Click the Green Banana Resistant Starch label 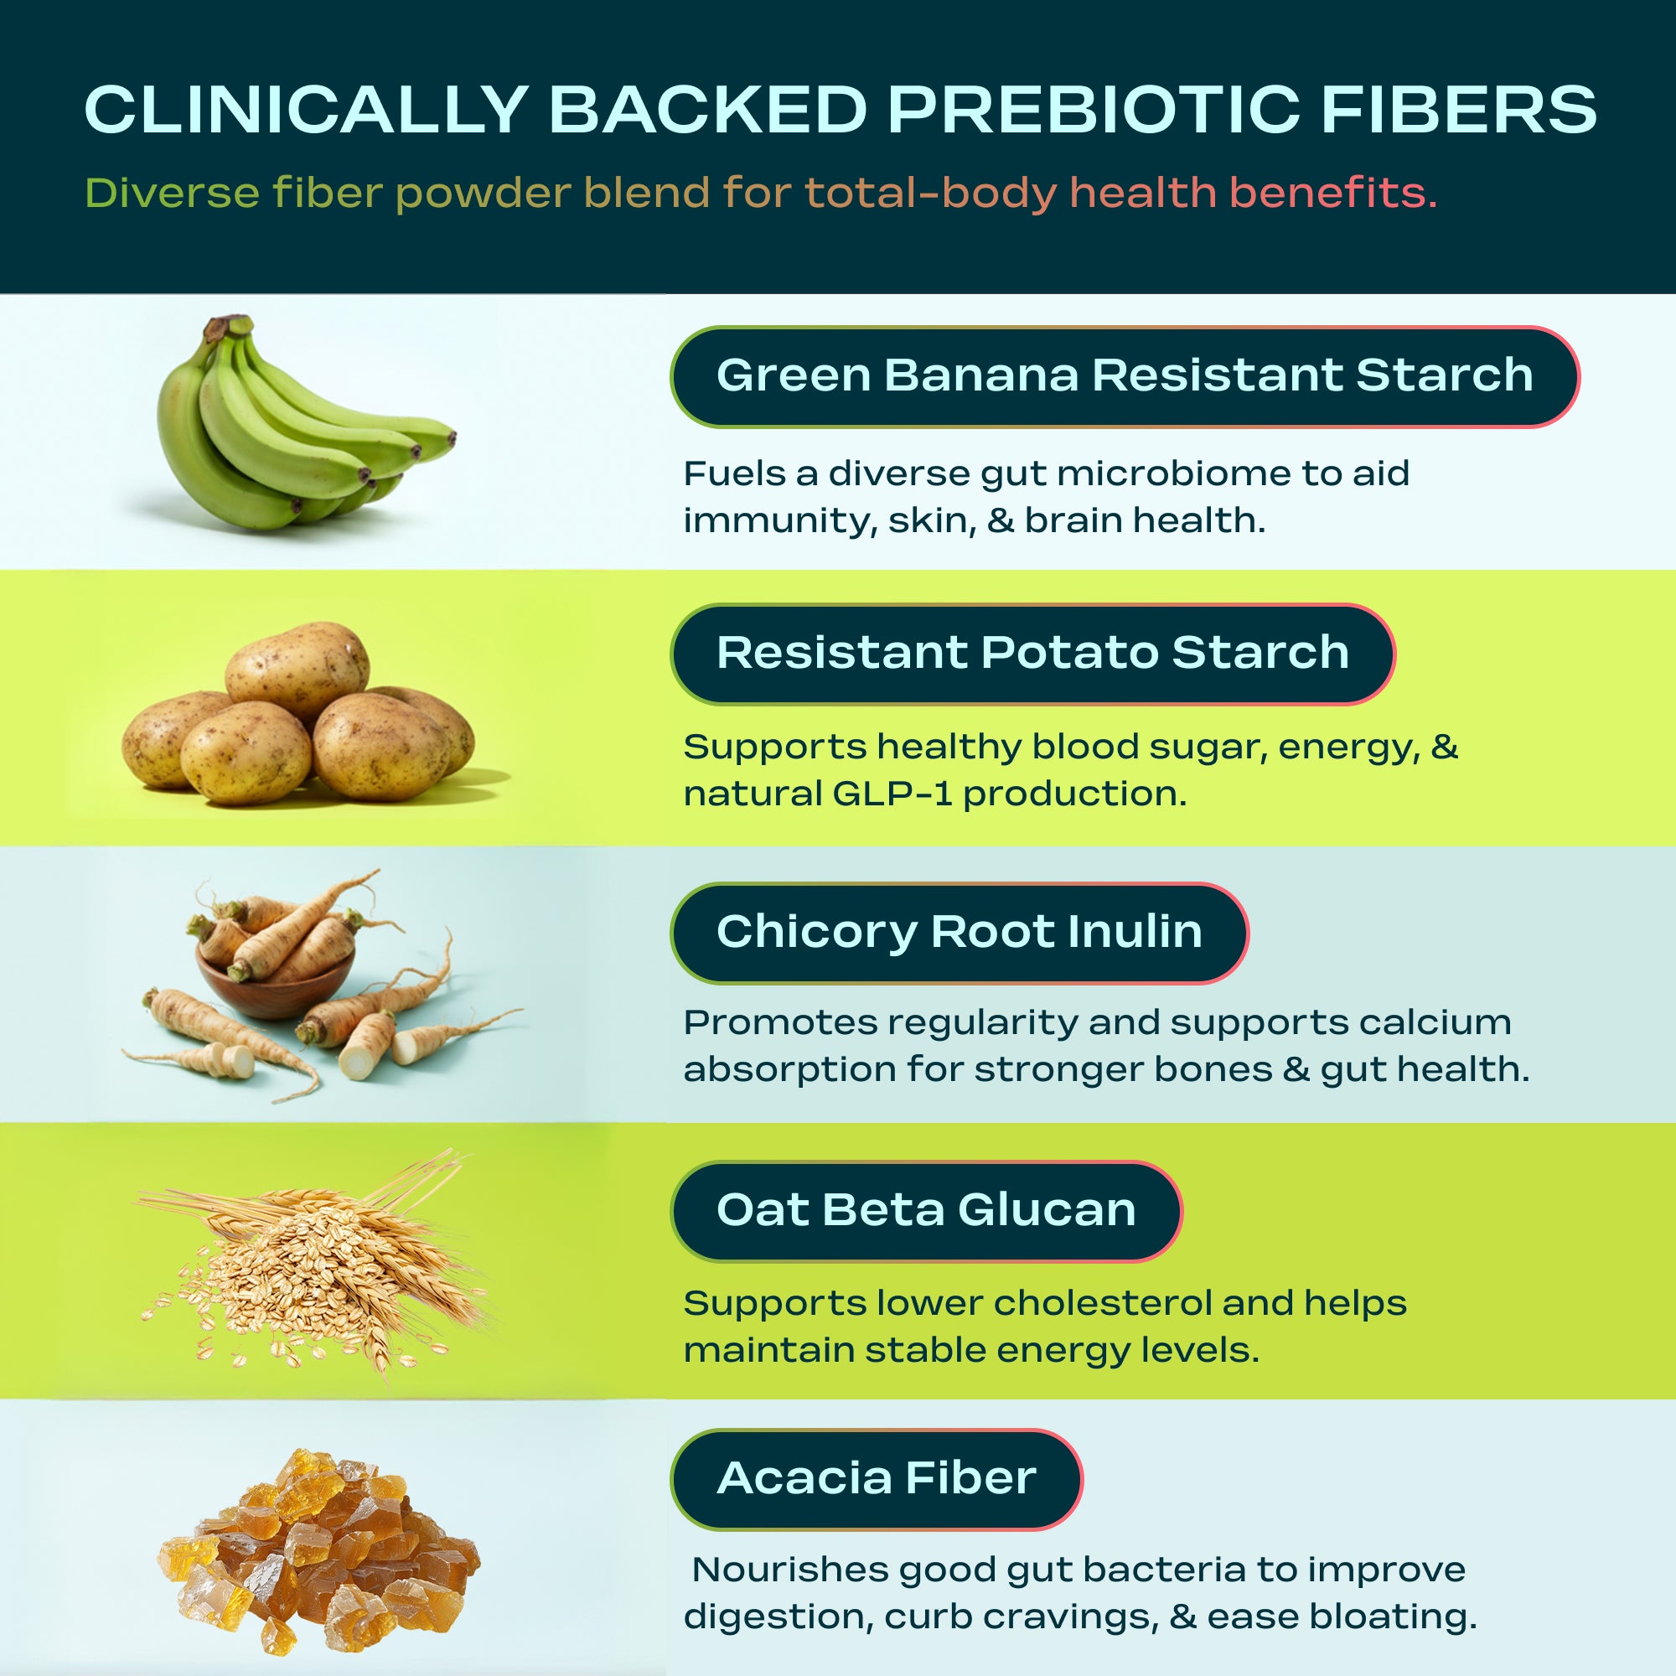click(x=1125, y=376)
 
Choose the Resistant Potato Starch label click(x=1032, y=654)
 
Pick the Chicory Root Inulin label click(x=959, y=933)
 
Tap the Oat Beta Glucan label click(x=926, y=1210)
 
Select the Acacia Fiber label click(x=877, y=1479)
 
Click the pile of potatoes click(x=299, y=713)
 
